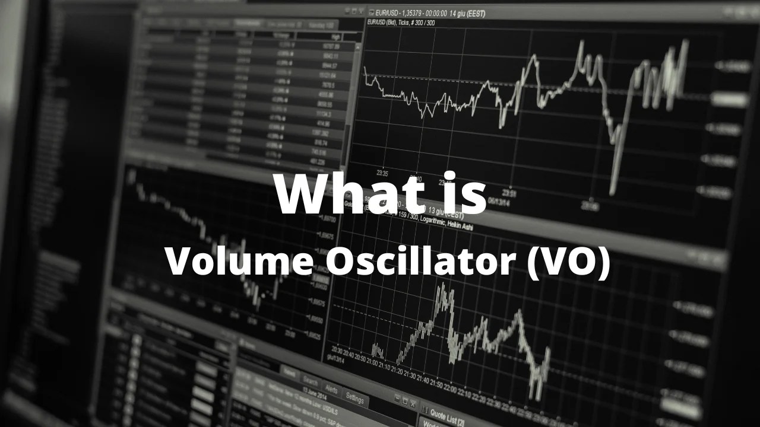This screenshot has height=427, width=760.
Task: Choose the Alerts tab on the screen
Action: tap(331, 390)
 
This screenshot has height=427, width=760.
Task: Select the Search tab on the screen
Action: tap(310, 381)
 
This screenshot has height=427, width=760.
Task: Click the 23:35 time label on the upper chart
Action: tap(382, 174)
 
